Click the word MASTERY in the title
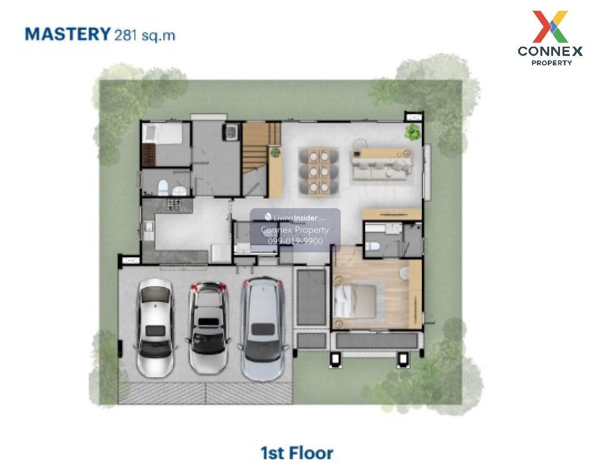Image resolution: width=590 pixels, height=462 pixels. coord(68,34)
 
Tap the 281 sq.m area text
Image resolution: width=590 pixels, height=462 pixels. coord(145,35)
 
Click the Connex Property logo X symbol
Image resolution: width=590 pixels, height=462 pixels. coord(550,27)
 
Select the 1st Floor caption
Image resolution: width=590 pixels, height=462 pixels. coord(297,453)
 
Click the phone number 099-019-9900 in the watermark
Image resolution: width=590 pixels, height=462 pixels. coord(295,241)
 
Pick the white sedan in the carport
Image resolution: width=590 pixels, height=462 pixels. coord(155,327)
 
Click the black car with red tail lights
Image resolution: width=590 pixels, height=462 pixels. coord(208,327)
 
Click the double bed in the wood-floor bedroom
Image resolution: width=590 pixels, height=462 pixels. coord(355,301)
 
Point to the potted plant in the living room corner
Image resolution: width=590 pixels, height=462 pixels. coord(413,132)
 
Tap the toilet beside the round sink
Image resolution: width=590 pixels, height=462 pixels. coord(163,187)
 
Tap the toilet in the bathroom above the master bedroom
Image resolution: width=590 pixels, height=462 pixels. coord(372,246)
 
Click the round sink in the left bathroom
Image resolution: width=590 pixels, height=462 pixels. coord(179,190)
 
